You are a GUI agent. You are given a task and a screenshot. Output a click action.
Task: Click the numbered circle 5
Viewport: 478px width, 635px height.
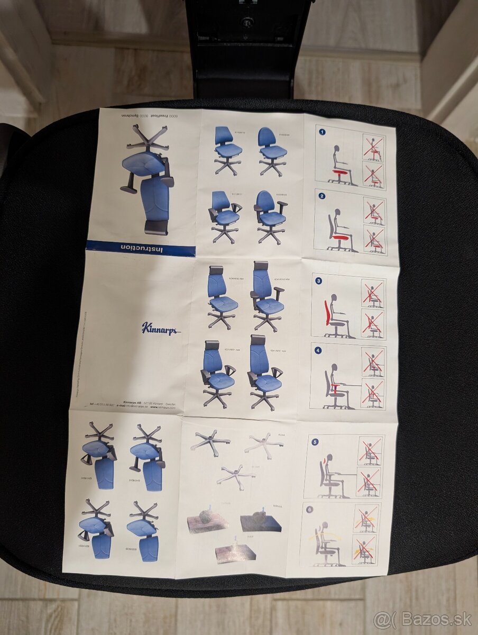(x=315, y=441)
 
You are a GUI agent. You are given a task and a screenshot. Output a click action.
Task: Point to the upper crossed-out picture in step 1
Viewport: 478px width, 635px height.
(x=374, y=148)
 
